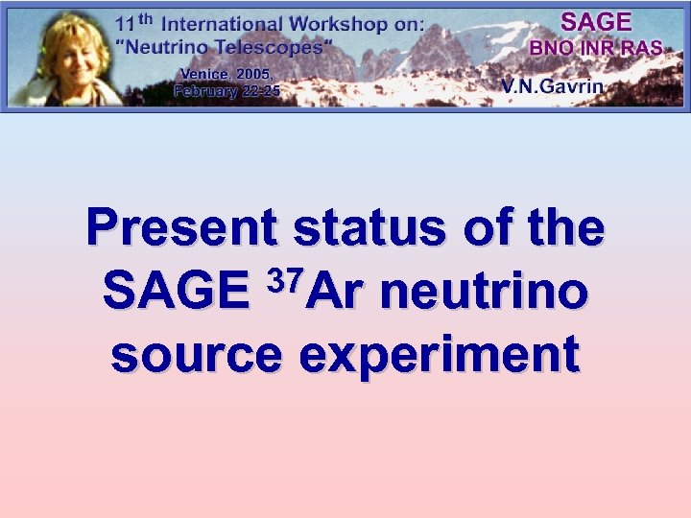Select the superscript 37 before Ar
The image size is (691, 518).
pyautogui.click(x=288, y=279)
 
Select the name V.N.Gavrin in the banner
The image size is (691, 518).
pyautogui.click(x=551, y=86)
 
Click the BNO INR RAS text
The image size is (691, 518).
pyautogui.click(x=595, y=47)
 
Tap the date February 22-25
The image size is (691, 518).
pyautogui.click(x=226, y=91)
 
